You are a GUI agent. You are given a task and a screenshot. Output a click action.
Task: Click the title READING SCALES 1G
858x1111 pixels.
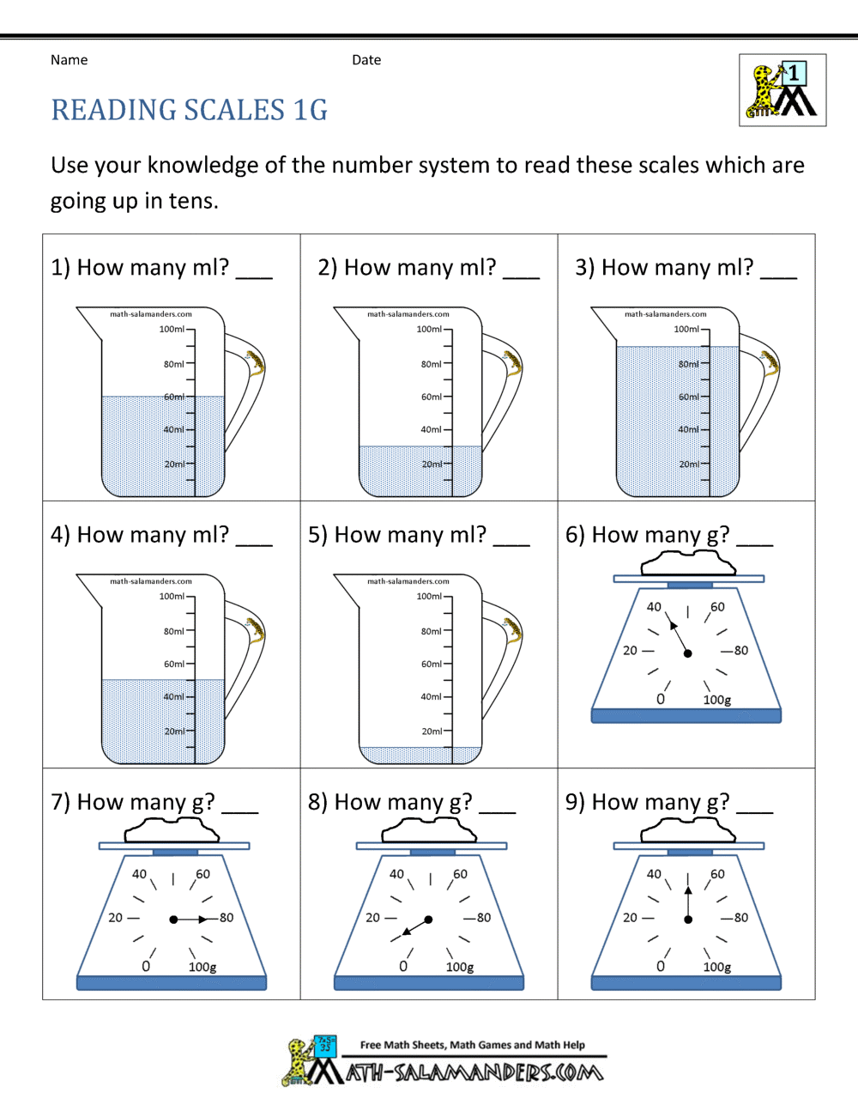click(x=189, y=110)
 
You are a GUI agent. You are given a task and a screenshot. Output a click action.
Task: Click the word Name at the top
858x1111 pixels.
click(x=69, y=60)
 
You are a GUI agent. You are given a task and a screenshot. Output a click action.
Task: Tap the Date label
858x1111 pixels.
click(x=366, y=60)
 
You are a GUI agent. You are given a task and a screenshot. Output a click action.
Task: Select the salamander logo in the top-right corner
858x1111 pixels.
click(x=782, y=90)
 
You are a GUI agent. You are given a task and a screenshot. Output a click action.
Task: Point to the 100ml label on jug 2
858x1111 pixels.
click(x=429, y=329)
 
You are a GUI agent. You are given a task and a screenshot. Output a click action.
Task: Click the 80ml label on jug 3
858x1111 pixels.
click(x=688, y=364)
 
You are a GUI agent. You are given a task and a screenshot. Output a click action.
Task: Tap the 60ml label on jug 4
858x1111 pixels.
click(x=174, y=664)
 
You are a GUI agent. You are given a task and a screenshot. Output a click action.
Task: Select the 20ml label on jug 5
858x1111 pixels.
click(x=432, y=732)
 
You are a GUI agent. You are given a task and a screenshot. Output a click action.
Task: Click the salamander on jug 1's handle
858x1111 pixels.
click(x=255, y=363)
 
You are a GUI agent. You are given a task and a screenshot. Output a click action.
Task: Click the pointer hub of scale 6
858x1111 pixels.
click(x=688, y=653)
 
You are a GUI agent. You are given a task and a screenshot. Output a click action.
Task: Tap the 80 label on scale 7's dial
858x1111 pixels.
click(x=227, y=918)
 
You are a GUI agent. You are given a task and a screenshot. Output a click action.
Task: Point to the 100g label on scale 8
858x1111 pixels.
click(x=460, y=967)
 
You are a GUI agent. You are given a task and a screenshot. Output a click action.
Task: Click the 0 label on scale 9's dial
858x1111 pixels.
click(x=660, y=966)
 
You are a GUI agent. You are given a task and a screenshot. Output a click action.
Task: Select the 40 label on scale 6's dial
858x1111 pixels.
click(x=654, y=607)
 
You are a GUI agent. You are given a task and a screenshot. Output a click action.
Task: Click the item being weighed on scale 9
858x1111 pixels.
click(x=688, y=830)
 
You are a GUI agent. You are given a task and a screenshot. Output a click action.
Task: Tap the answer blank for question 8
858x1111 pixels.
click(x=498, y=809)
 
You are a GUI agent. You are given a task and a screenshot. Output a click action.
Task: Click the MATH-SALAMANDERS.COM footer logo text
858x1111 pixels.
click(x=474, y=1072)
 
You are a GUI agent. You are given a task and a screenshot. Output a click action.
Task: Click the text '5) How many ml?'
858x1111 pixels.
click(x=396, y=535)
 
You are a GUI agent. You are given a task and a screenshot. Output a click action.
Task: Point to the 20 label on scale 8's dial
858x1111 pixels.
click(x=372, y=918)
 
